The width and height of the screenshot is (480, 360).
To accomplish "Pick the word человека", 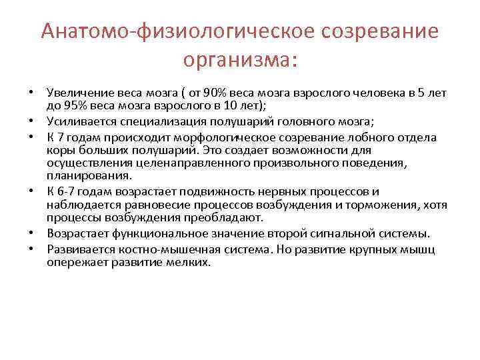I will click(x=369, y=91).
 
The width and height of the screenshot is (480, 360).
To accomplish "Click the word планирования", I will click(x=89, y=176).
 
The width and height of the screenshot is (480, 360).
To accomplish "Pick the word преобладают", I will click(x=227, y=217).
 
